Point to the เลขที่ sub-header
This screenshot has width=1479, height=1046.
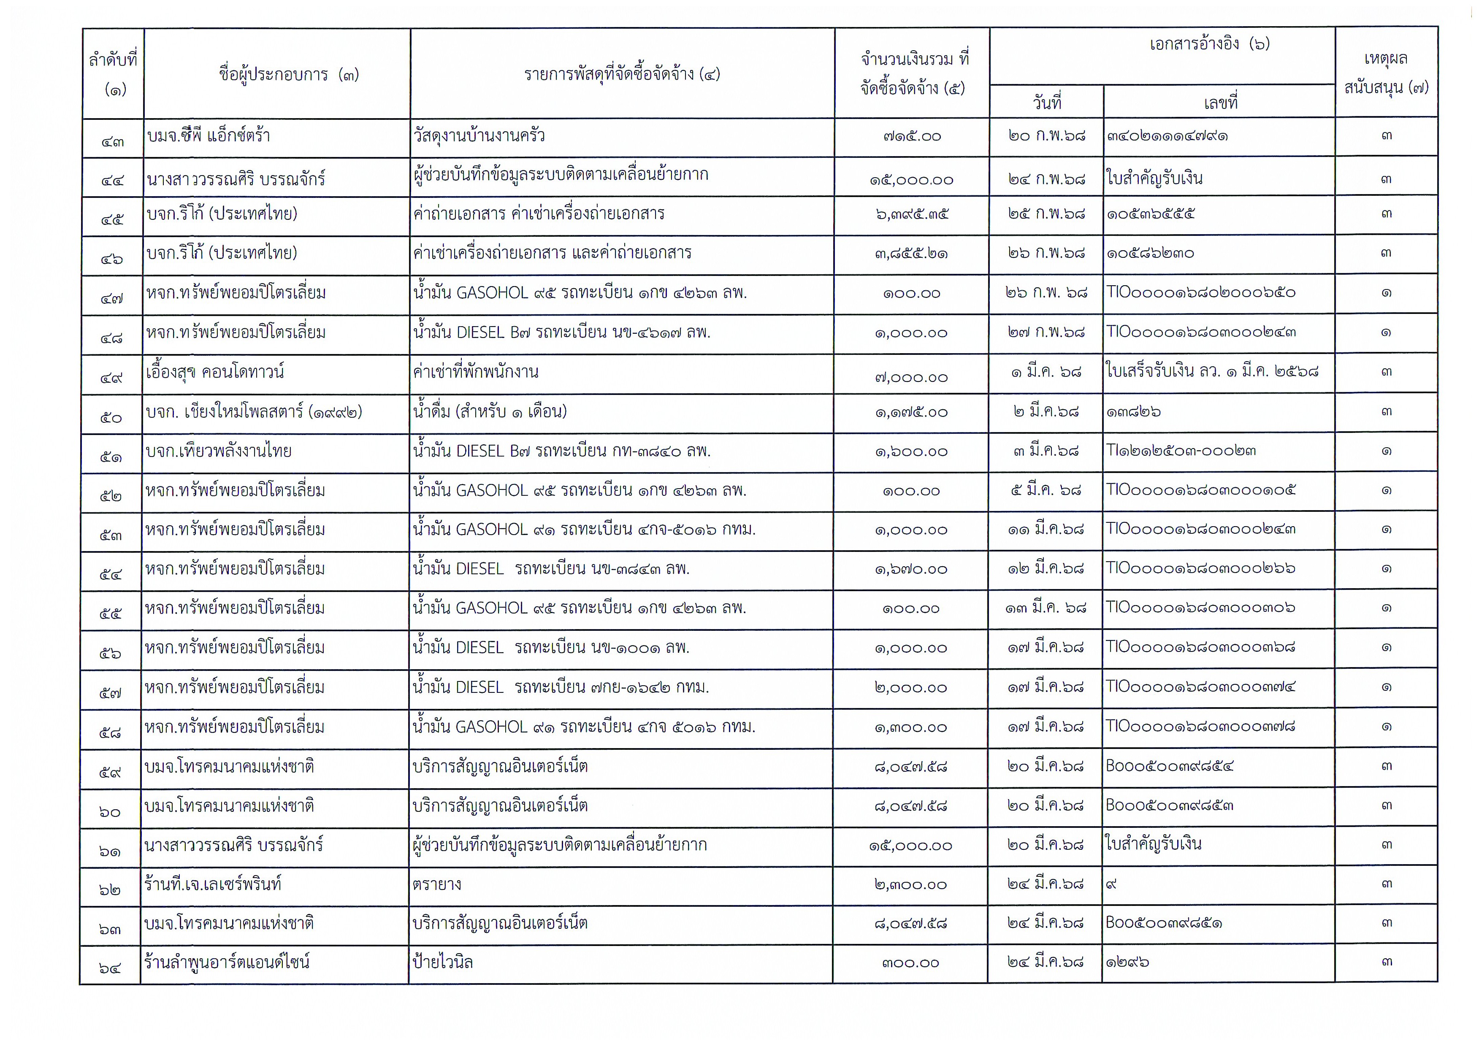coord(1220,103)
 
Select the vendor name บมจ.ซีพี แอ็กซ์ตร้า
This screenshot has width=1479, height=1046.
coord(209,136)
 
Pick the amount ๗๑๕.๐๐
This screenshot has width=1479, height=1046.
coord(912,137)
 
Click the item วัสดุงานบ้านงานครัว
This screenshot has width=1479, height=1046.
coord(479,136)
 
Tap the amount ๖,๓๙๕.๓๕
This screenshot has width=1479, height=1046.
coord(912,214)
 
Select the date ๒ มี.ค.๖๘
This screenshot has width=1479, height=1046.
coord(1046,411)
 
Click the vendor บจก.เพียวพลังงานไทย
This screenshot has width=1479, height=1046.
coord(218,451)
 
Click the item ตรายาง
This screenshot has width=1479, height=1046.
coord(437,884)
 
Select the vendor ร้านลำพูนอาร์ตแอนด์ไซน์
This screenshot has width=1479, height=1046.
coord(227,963)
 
